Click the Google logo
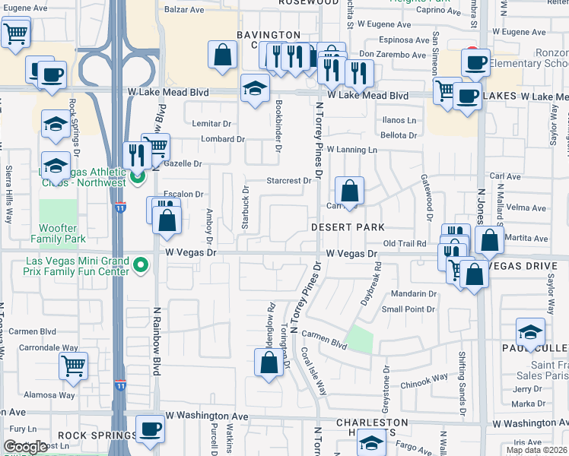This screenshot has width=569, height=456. [x=25, y=447]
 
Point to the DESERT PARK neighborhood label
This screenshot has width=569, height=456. [x=347, y=227]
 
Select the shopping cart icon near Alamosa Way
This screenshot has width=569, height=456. [x=73, y=366]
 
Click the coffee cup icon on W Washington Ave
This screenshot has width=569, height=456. [x=149, y=427]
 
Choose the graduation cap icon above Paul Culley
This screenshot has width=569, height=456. [x=530, y=331]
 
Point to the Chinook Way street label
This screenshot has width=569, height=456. [x=425, y=379]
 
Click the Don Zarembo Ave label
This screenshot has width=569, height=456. [x=393, y=55]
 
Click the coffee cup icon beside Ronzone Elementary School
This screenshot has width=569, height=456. [x=476, y=62]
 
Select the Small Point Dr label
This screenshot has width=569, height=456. [x=408, y=309]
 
